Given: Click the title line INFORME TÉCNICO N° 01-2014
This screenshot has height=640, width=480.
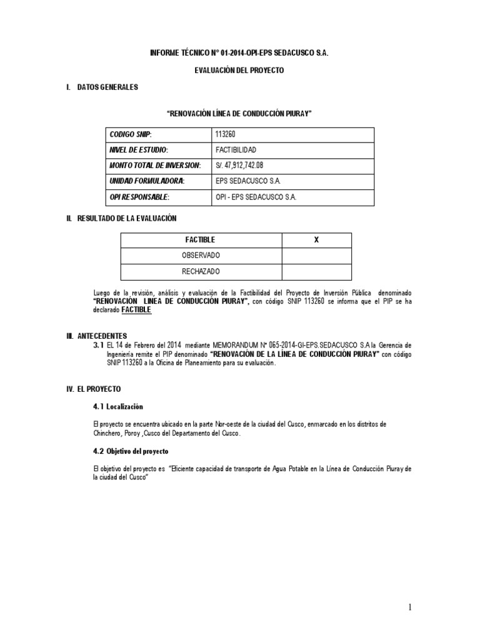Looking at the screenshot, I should point(239,54).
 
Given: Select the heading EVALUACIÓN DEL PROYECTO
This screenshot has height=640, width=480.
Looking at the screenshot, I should point(239,71).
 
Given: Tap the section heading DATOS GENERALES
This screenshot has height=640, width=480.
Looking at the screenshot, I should point(107,87).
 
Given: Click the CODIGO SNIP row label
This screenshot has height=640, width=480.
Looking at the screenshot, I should point(131,135).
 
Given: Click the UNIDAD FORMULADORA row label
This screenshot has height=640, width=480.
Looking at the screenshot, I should point(147,181).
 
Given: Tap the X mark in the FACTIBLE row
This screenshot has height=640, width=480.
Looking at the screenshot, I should point(316,240).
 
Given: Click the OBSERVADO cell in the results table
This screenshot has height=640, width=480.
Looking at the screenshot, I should point(201,256).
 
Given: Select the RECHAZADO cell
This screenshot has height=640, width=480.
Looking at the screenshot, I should point(201,271).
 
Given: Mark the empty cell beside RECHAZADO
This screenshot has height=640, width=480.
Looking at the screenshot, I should point(316,271).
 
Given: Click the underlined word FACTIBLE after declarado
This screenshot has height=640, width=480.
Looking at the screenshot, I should point(136,310).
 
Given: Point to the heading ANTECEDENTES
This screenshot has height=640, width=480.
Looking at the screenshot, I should point(102,336).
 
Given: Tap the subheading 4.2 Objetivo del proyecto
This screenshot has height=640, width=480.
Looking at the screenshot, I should point(131,451).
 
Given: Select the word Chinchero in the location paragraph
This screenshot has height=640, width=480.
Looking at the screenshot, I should point(107,434).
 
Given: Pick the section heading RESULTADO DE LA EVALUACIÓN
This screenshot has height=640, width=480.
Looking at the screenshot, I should point(127,218).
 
